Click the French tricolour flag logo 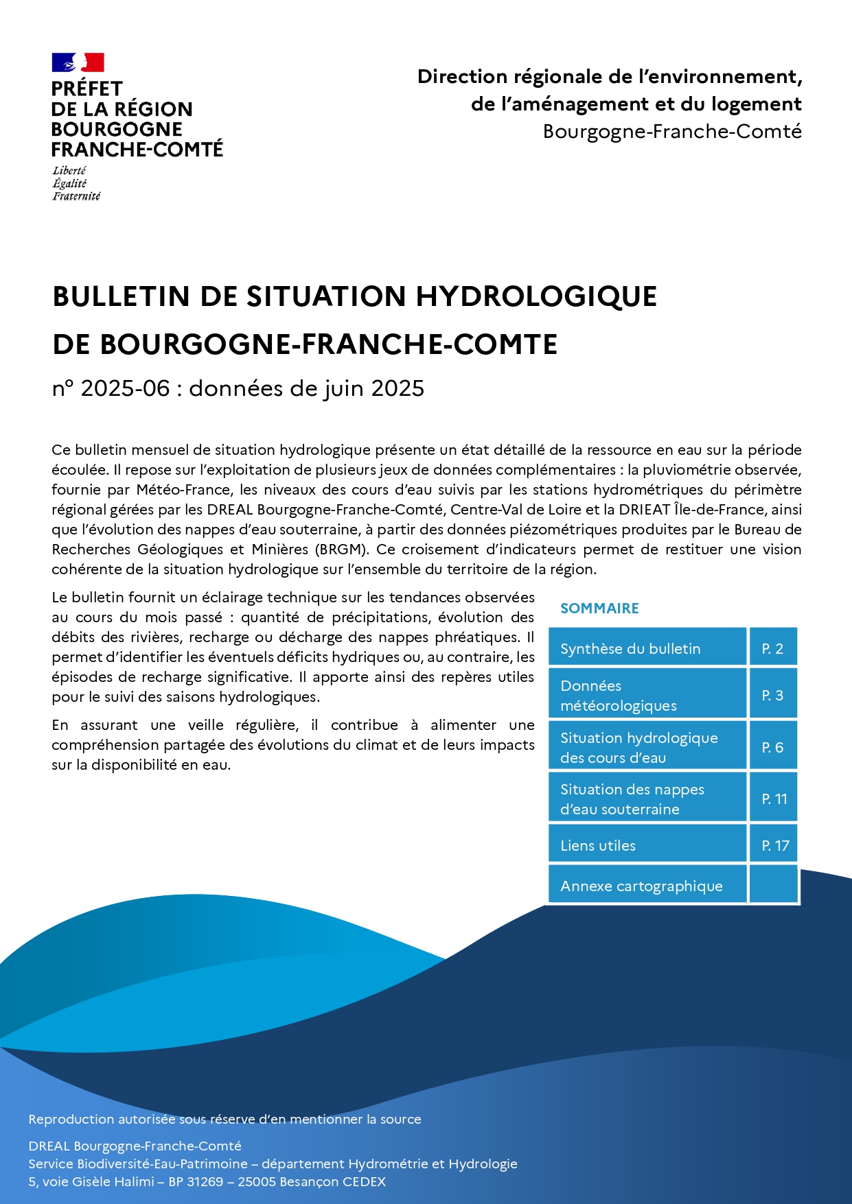(78, 63)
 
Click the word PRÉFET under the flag (87, 89)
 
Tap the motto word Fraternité (76, 196)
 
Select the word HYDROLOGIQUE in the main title (536, 296)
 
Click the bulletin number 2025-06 (125, 388)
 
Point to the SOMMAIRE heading (599, 609)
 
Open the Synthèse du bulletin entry (630, 649)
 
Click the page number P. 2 (772, 649)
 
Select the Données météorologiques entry (619, 696)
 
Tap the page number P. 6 (772, 748)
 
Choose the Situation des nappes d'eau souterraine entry (632, 799)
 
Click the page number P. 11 (774, 799)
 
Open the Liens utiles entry (598, 846)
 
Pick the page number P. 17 (775, 846)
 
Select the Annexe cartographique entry (641, 886)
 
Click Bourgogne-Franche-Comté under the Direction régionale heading (672, 132)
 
